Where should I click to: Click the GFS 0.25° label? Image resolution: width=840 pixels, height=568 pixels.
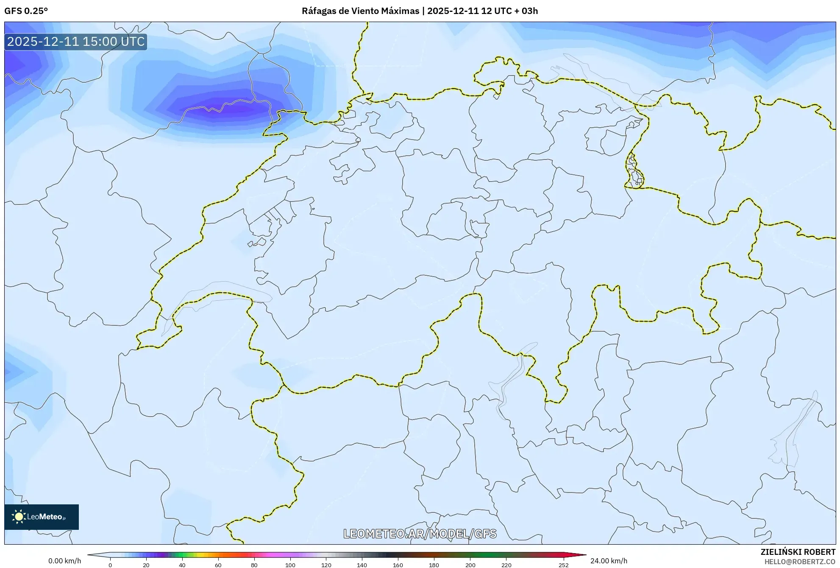26,11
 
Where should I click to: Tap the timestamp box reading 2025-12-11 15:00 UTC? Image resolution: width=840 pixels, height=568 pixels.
76,42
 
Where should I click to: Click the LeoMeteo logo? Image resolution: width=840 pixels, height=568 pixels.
42,517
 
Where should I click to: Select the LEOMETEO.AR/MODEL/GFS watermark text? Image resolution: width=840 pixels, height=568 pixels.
420,534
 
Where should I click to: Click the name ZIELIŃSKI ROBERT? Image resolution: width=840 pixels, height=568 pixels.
798,552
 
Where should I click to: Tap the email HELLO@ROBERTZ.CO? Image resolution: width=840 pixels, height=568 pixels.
800,562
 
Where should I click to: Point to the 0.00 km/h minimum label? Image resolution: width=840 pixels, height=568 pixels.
64,561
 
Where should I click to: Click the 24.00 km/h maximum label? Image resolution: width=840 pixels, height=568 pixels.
609,561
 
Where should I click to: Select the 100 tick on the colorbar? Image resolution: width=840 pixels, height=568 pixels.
290,565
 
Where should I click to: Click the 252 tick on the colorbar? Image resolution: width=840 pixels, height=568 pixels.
563,565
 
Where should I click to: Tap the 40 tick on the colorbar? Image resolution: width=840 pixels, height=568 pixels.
182,565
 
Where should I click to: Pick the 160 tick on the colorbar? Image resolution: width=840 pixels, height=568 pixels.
398,565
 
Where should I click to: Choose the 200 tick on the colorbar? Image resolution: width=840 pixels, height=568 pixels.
470,565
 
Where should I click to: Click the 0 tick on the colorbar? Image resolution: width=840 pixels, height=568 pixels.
110,565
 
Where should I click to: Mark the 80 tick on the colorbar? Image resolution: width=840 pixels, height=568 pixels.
254,565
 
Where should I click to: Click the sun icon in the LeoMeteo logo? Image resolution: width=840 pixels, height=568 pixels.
19,517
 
